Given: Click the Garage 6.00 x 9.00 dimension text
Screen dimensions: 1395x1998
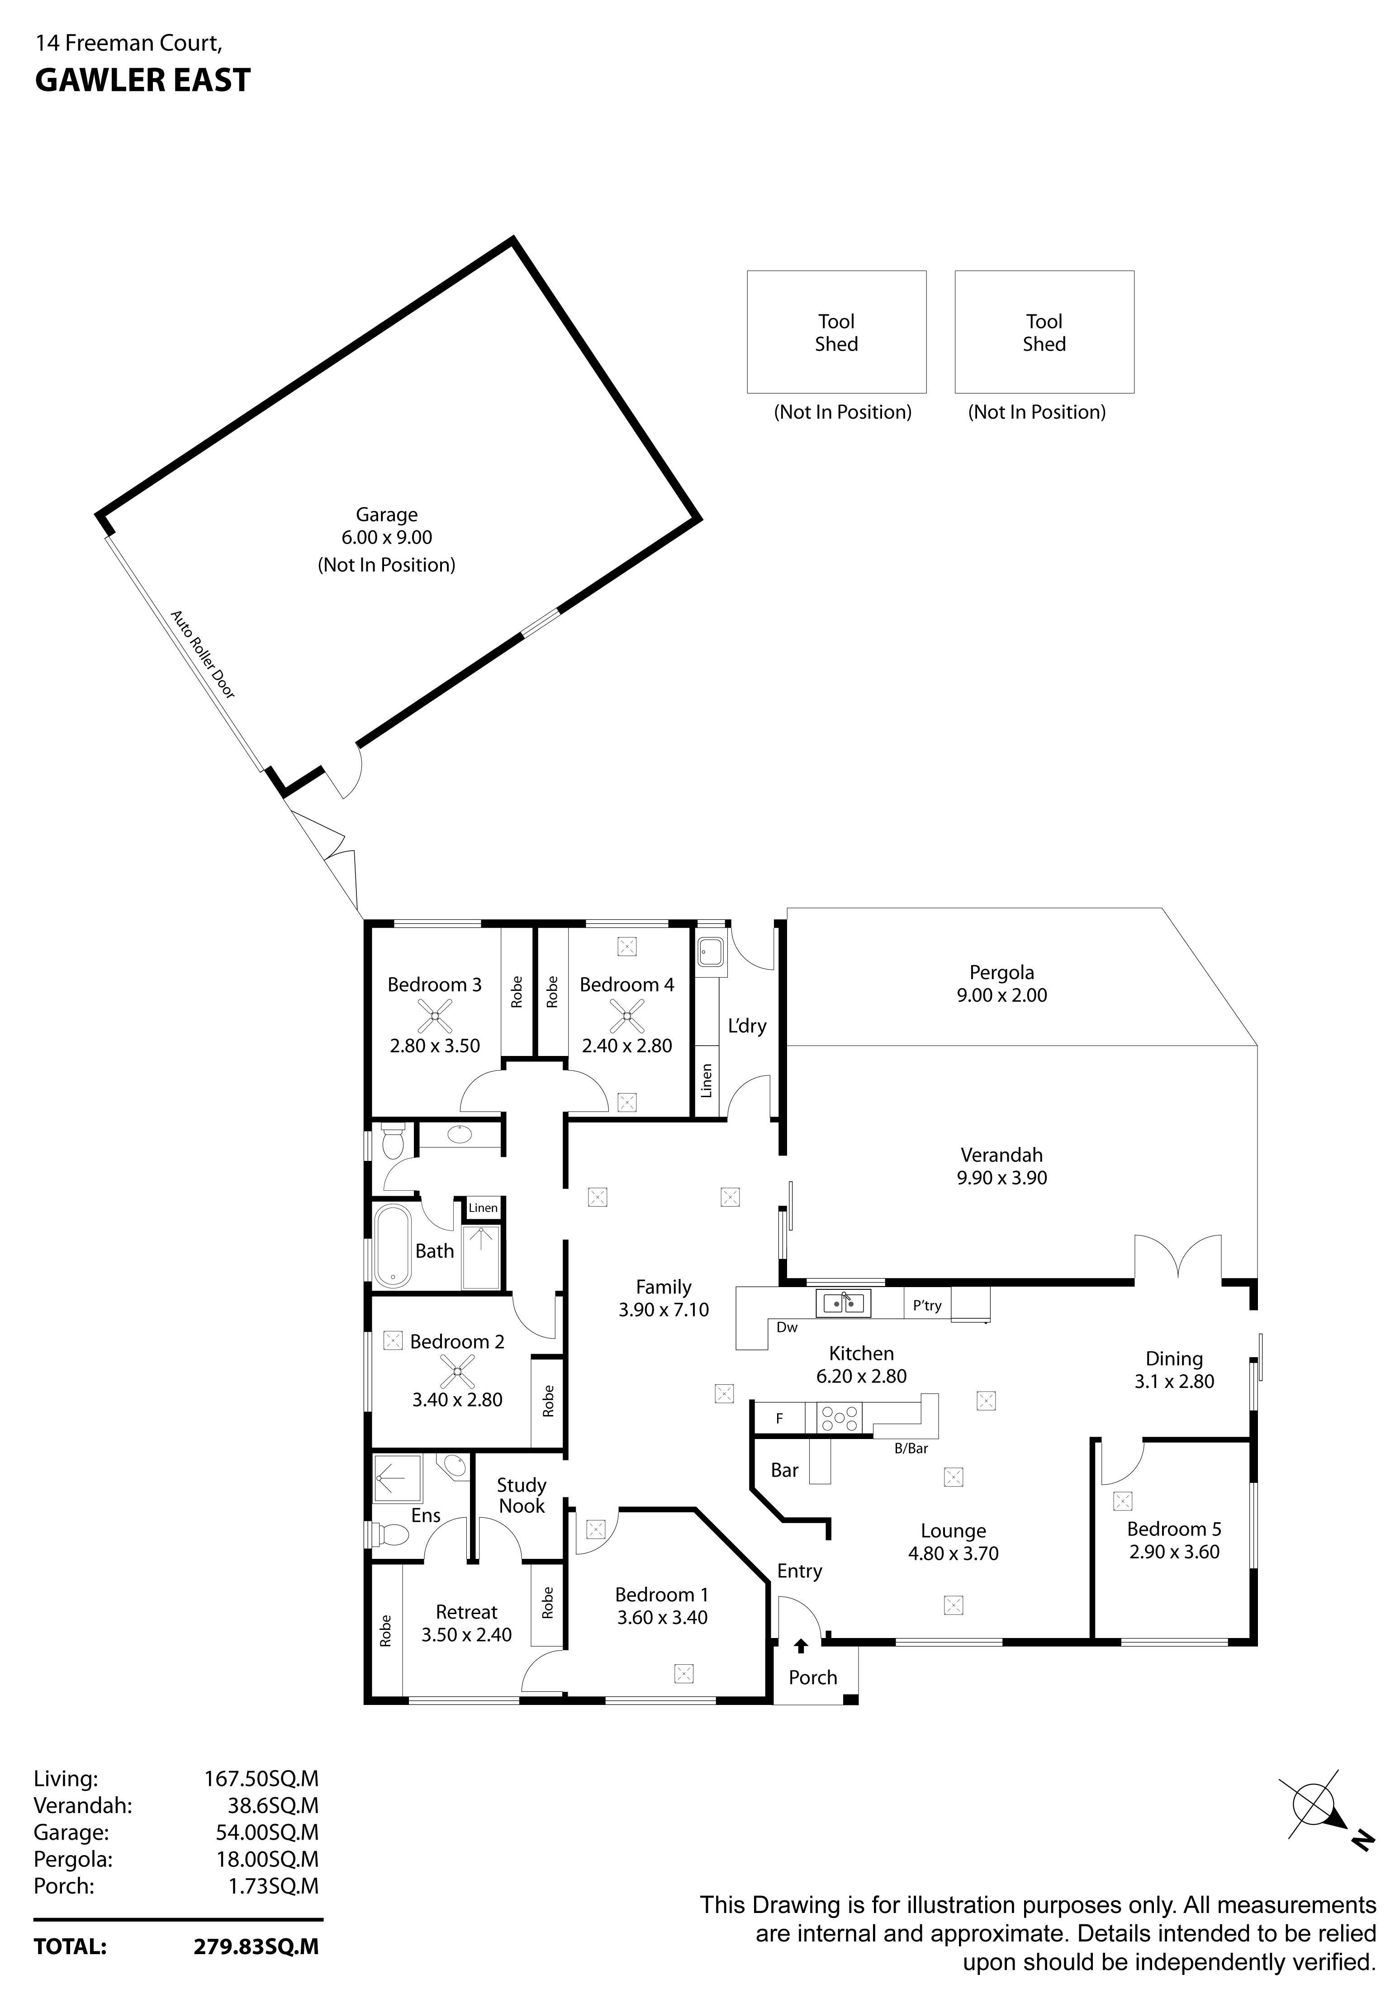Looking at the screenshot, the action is [x=386, y=538].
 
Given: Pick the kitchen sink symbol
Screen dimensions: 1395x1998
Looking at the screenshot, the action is [x=842, y=1303].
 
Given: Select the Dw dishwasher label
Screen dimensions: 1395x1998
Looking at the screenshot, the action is [x=787, y=1327].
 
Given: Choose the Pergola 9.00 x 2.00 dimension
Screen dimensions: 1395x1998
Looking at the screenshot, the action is [x=1001, y=995].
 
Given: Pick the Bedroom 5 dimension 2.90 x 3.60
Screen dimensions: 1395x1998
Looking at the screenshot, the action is [x=1174, y=1552].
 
